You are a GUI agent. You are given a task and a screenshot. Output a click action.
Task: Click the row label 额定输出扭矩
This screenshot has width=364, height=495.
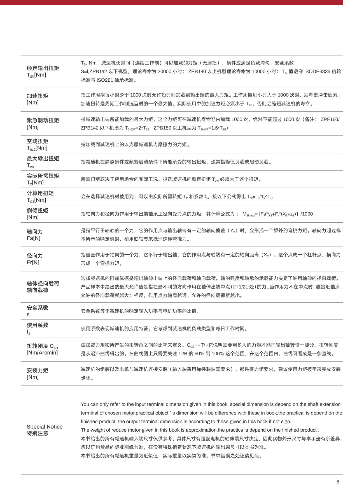[43, 68]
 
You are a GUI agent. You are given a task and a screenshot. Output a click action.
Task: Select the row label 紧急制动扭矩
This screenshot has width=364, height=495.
[43, 120]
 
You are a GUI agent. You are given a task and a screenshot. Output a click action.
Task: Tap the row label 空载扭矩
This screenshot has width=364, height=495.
[38, 141]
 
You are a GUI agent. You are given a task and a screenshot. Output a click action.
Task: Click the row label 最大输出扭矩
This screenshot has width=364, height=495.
[43, 158]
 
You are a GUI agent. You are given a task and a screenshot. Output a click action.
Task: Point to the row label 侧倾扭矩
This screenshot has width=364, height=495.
[38, 210]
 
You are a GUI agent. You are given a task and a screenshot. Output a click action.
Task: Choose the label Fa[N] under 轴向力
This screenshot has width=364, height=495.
[33, 238]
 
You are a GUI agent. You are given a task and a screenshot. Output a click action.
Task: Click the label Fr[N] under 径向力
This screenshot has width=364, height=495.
[33, 263]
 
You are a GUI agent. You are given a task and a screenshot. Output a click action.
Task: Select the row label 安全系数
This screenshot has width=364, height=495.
[38, 308]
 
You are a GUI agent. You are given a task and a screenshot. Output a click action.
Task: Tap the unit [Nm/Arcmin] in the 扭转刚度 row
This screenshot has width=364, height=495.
[42, 353]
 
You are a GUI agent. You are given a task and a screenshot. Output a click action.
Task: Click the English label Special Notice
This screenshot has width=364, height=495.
[45, 427]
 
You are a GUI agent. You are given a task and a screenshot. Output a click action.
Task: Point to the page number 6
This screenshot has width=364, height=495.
[338, 482]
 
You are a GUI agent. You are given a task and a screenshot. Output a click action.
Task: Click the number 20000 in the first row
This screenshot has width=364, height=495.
[164, 72]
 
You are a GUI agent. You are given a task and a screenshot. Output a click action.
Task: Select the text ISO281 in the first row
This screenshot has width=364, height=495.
[105, 80]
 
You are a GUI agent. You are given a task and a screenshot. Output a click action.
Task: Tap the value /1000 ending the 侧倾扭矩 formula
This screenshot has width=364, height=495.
[307, 214]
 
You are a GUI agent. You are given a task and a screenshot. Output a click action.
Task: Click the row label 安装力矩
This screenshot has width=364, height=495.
[38, 370]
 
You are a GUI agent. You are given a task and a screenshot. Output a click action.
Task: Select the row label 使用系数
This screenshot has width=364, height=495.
[38, 325]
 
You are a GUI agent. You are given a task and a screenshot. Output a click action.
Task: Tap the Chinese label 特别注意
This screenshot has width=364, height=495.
[38, 433]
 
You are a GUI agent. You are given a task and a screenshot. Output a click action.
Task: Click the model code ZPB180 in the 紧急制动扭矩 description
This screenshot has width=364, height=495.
[162, 128]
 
